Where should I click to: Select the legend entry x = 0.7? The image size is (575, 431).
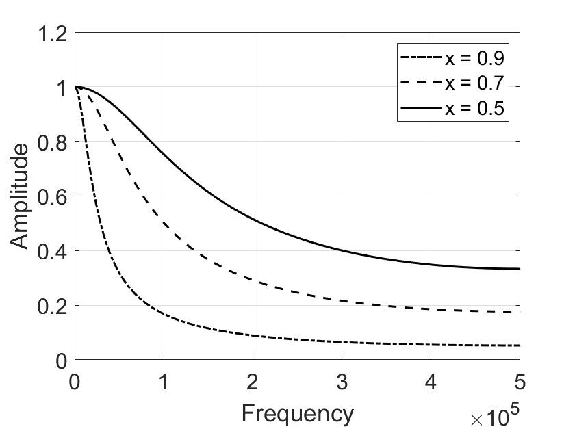coord(475,84)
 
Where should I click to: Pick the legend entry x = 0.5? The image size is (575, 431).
coord(475,110)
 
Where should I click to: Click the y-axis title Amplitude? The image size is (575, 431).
coord(21,196)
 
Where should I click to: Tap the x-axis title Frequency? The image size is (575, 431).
coord(298,413)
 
